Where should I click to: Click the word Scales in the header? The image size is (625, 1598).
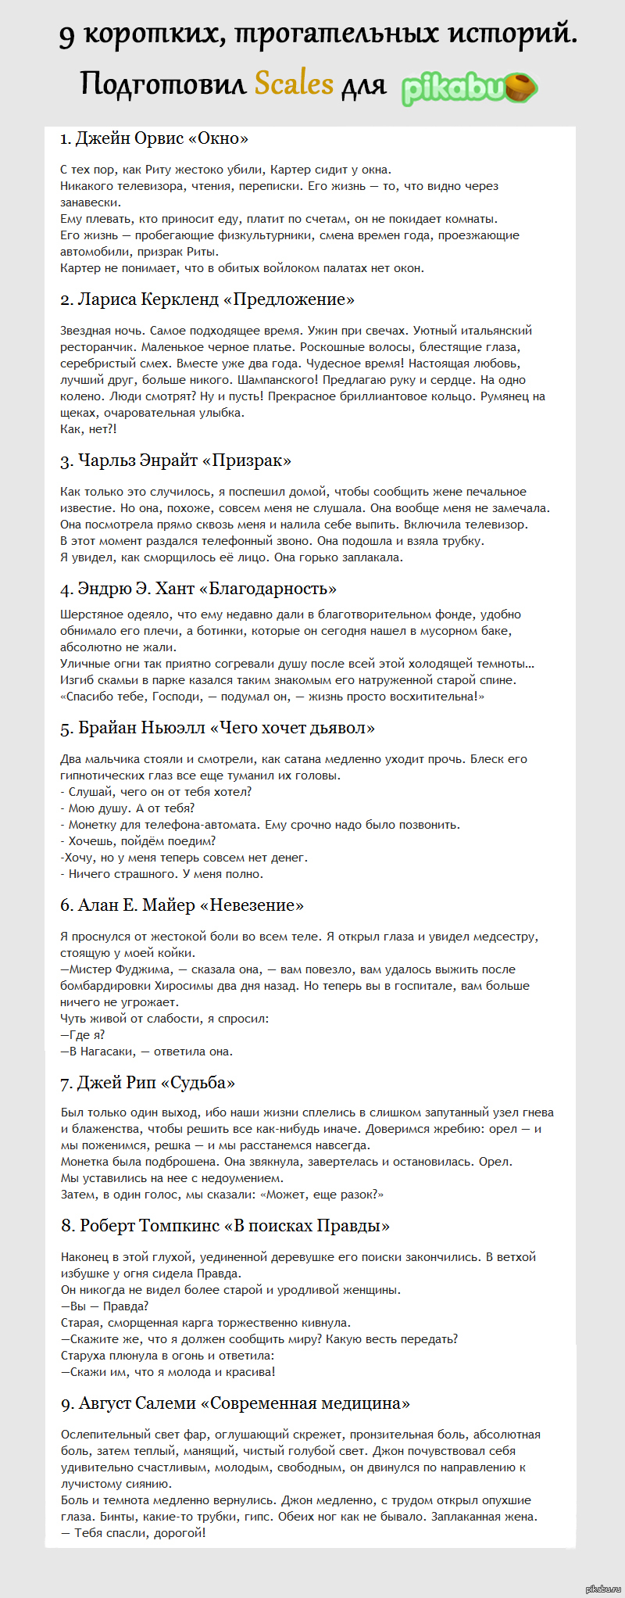pyautogui.click(x=294, y=83)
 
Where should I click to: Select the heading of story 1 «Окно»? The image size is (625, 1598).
pyautogui.click(x=155, y=138)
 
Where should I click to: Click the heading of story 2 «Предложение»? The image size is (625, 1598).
pyautogui.click(x=208, y=299)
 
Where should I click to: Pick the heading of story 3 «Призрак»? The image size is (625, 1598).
pyautogui.click(x=176, y=460)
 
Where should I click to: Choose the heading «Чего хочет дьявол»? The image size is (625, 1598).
pyautogui.click(x=217, y=728)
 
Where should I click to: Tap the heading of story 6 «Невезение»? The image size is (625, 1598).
pyautogui.click(x=182, y=905)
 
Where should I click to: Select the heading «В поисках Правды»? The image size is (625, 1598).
pyautogui.click(x=225, y=1226)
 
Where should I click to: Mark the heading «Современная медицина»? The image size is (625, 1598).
pyautogui.click(x=235, y=1403)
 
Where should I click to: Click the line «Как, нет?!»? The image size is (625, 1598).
pyautogui.click(x=88, y=429)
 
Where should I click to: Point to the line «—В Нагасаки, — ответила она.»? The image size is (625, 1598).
pyautogui.click(x=146, y=1052)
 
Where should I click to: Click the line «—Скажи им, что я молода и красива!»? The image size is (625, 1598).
pyautogui.click(x=168, y=1372)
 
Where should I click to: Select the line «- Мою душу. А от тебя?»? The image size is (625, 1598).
pyautogui.click(x=127, y=808)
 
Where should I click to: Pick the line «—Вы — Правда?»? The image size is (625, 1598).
pyautogui.click(x=105, y=1306)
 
